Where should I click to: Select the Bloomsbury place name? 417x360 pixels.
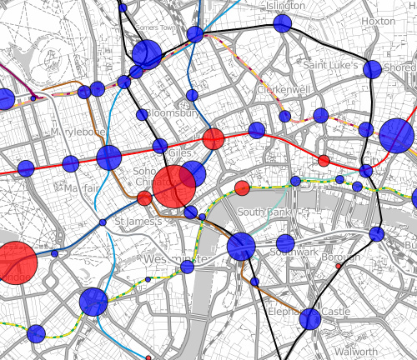(172, 113)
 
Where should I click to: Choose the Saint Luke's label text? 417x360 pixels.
(329, 65)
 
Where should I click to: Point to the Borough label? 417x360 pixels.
(342, 258)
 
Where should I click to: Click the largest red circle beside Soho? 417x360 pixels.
(174, 186)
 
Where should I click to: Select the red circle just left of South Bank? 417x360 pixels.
(242, 188)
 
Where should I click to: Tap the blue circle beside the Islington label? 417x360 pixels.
(282, 23)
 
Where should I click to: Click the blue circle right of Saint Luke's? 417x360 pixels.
(372, 69)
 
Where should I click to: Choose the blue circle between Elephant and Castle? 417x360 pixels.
(310, 318)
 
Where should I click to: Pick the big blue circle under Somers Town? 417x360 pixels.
(147, 55)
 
